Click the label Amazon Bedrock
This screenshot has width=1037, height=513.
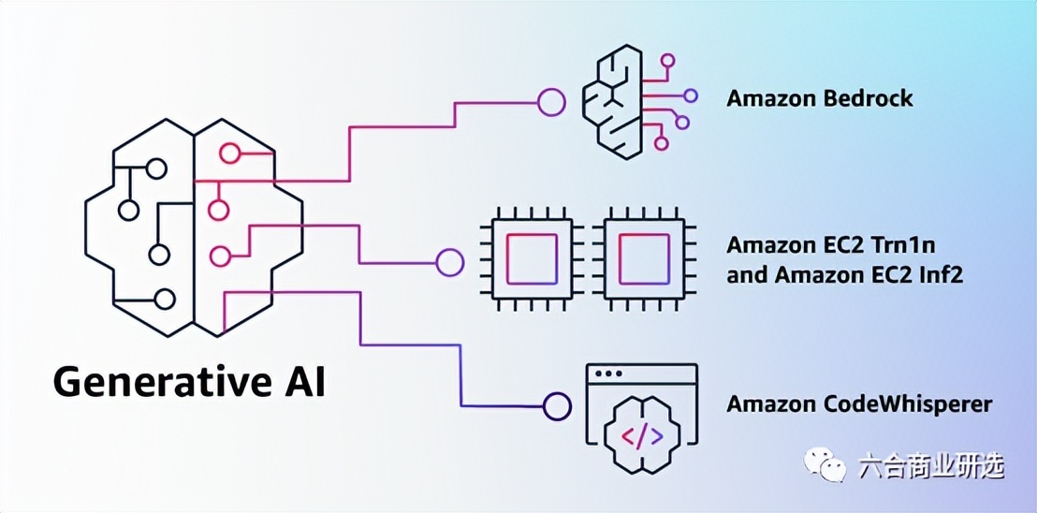tap(819, 98)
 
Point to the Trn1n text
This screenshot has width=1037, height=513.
tap(904, 246)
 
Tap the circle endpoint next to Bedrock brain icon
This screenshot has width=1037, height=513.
tap(551, 102)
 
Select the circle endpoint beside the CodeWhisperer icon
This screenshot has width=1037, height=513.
tap(558, 406)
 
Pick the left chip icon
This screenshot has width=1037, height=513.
tap(532, 259)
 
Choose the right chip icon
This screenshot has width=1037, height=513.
tap(643, 259)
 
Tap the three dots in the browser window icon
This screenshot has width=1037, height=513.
tap(609, 374)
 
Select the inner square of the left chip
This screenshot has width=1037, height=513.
tap(532, 259)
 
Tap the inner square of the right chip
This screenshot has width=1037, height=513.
tap(643, 259)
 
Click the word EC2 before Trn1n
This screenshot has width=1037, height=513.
tap(846, 246)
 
